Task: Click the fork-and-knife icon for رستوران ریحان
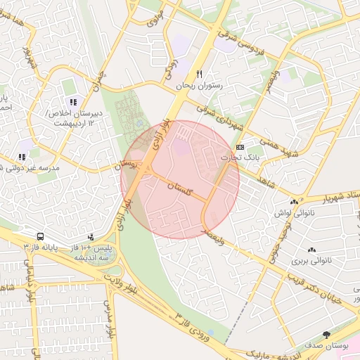click(x=200, y=74)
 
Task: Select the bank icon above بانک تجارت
click(x=240, y=147)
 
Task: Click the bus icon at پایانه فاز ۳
click(x=40, y=237)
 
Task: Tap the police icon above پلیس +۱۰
click(x=90, y=237)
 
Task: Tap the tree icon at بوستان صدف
click(x=326, y=335)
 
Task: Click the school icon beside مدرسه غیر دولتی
click(x=22, y=157)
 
